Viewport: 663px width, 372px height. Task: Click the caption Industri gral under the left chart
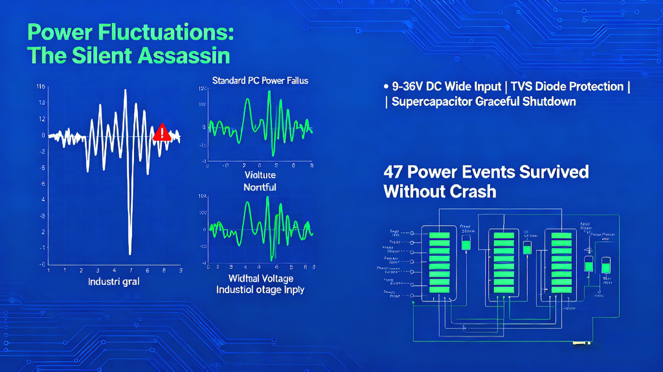[114, 282]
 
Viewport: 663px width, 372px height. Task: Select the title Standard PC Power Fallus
[260, 81]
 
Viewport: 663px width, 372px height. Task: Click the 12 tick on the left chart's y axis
[42, 119]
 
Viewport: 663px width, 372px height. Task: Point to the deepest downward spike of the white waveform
[130, 253]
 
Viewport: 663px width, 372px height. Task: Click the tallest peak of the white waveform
[125, 90]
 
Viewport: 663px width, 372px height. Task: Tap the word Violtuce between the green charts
[260, 175]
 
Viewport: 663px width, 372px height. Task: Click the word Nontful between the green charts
[260, 187]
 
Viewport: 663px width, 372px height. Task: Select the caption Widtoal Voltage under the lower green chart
[261, 278]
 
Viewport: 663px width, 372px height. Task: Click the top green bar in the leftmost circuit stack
[439, 235]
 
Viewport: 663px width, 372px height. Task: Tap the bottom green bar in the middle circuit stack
[504, 290]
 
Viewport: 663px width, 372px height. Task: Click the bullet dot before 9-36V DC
[386, 87]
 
